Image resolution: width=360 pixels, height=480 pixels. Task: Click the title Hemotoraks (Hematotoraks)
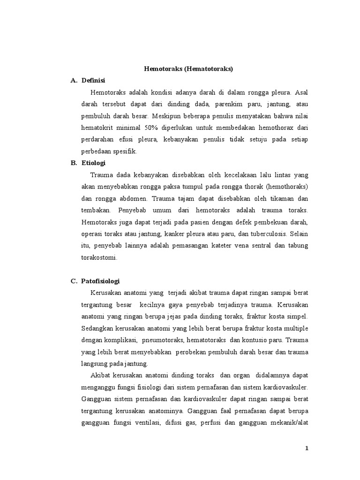tap(188, 69)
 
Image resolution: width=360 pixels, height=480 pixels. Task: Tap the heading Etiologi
tap(94, 163)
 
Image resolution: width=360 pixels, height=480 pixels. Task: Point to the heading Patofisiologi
tap(101, 281)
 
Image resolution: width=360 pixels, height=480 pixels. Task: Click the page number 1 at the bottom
tap(307, 448)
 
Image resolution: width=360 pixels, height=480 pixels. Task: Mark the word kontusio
tap(252, 340)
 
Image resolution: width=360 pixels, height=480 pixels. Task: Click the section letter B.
tap(73, 163)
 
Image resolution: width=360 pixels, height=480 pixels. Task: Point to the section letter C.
tap(73, 281)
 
